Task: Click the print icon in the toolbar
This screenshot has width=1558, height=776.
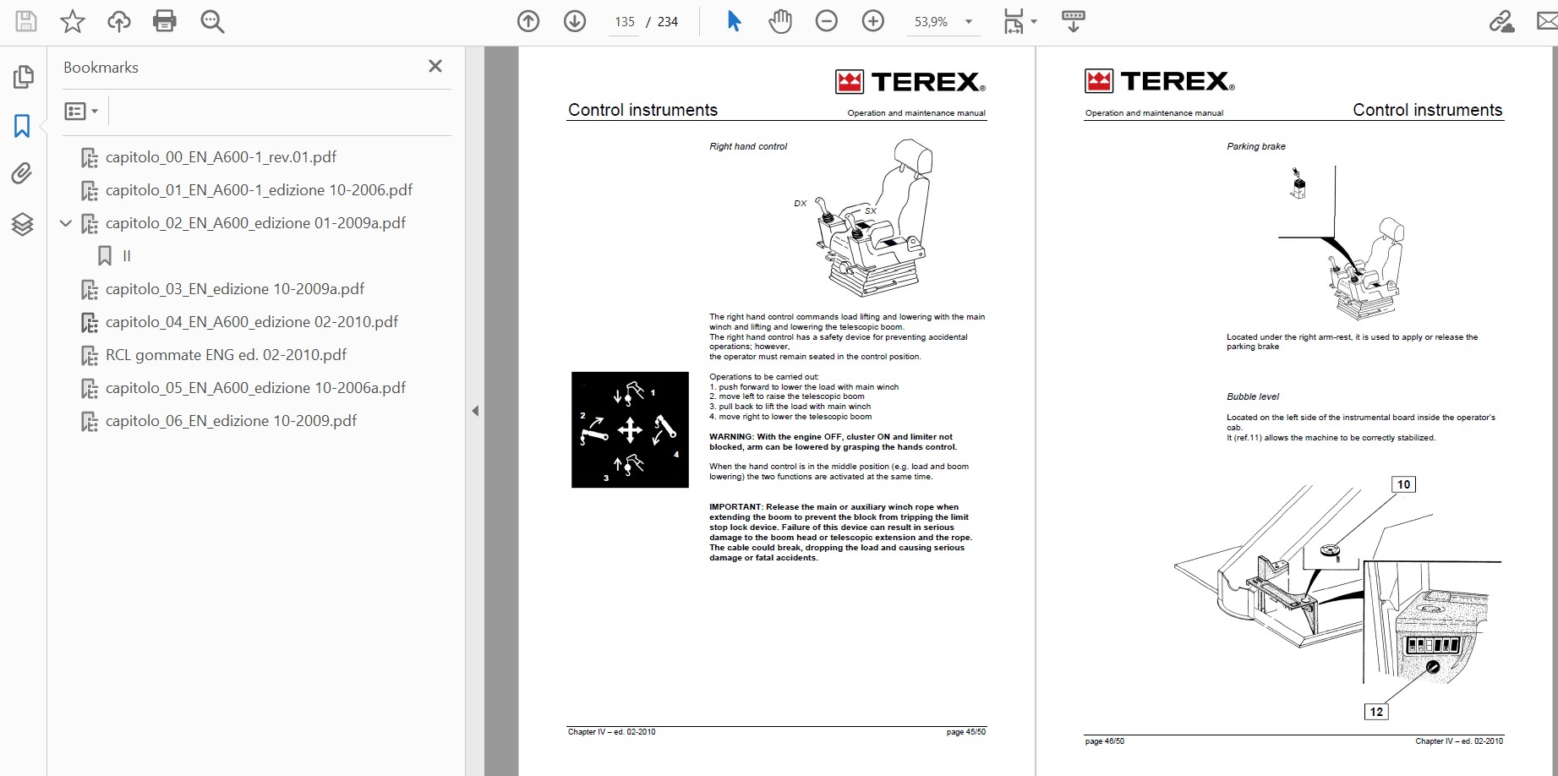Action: point(165,21)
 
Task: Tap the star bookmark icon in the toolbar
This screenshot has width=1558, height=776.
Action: point(73,21)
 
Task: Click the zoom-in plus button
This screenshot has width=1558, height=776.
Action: point(872,21)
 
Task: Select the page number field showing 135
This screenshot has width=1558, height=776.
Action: point(625,22)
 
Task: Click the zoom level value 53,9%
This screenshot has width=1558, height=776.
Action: point(931,22)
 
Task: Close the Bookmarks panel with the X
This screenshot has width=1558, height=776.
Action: point(435,66)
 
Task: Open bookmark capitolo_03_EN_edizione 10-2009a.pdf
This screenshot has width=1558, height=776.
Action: point(235,289)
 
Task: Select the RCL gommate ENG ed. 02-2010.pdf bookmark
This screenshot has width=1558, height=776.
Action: point(226,355)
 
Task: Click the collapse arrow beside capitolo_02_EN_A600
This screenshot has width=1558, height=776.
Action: point(66,223)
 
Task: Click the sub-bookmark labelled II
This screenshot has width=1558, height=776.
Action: point(127,256)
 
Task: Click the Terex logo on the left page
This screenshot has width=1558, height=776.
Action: point(910,81)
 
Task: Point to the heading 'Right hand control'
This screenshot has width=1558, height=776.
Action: point(748,146)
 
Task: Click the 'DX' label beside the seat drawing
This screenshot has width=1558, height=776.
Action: point(801,203)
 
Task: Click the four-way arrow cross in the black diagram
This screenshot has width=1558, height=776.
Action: point(630,430)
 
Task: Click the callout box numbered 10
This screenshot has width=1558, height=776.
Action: point(1403,484)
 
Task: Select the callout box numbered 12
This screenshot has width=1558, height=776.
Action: point(1376,712)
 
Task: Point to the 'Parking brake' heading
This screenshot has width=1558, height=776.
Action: point(1256,146)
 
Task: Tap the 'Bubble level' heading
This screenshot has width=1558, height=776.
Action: point(1253,396)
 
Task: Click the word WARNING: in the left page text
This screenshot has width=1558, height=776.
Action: point(731,437)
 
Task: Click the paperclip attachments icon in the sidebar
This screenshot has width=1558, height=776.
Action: point(22,174)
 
